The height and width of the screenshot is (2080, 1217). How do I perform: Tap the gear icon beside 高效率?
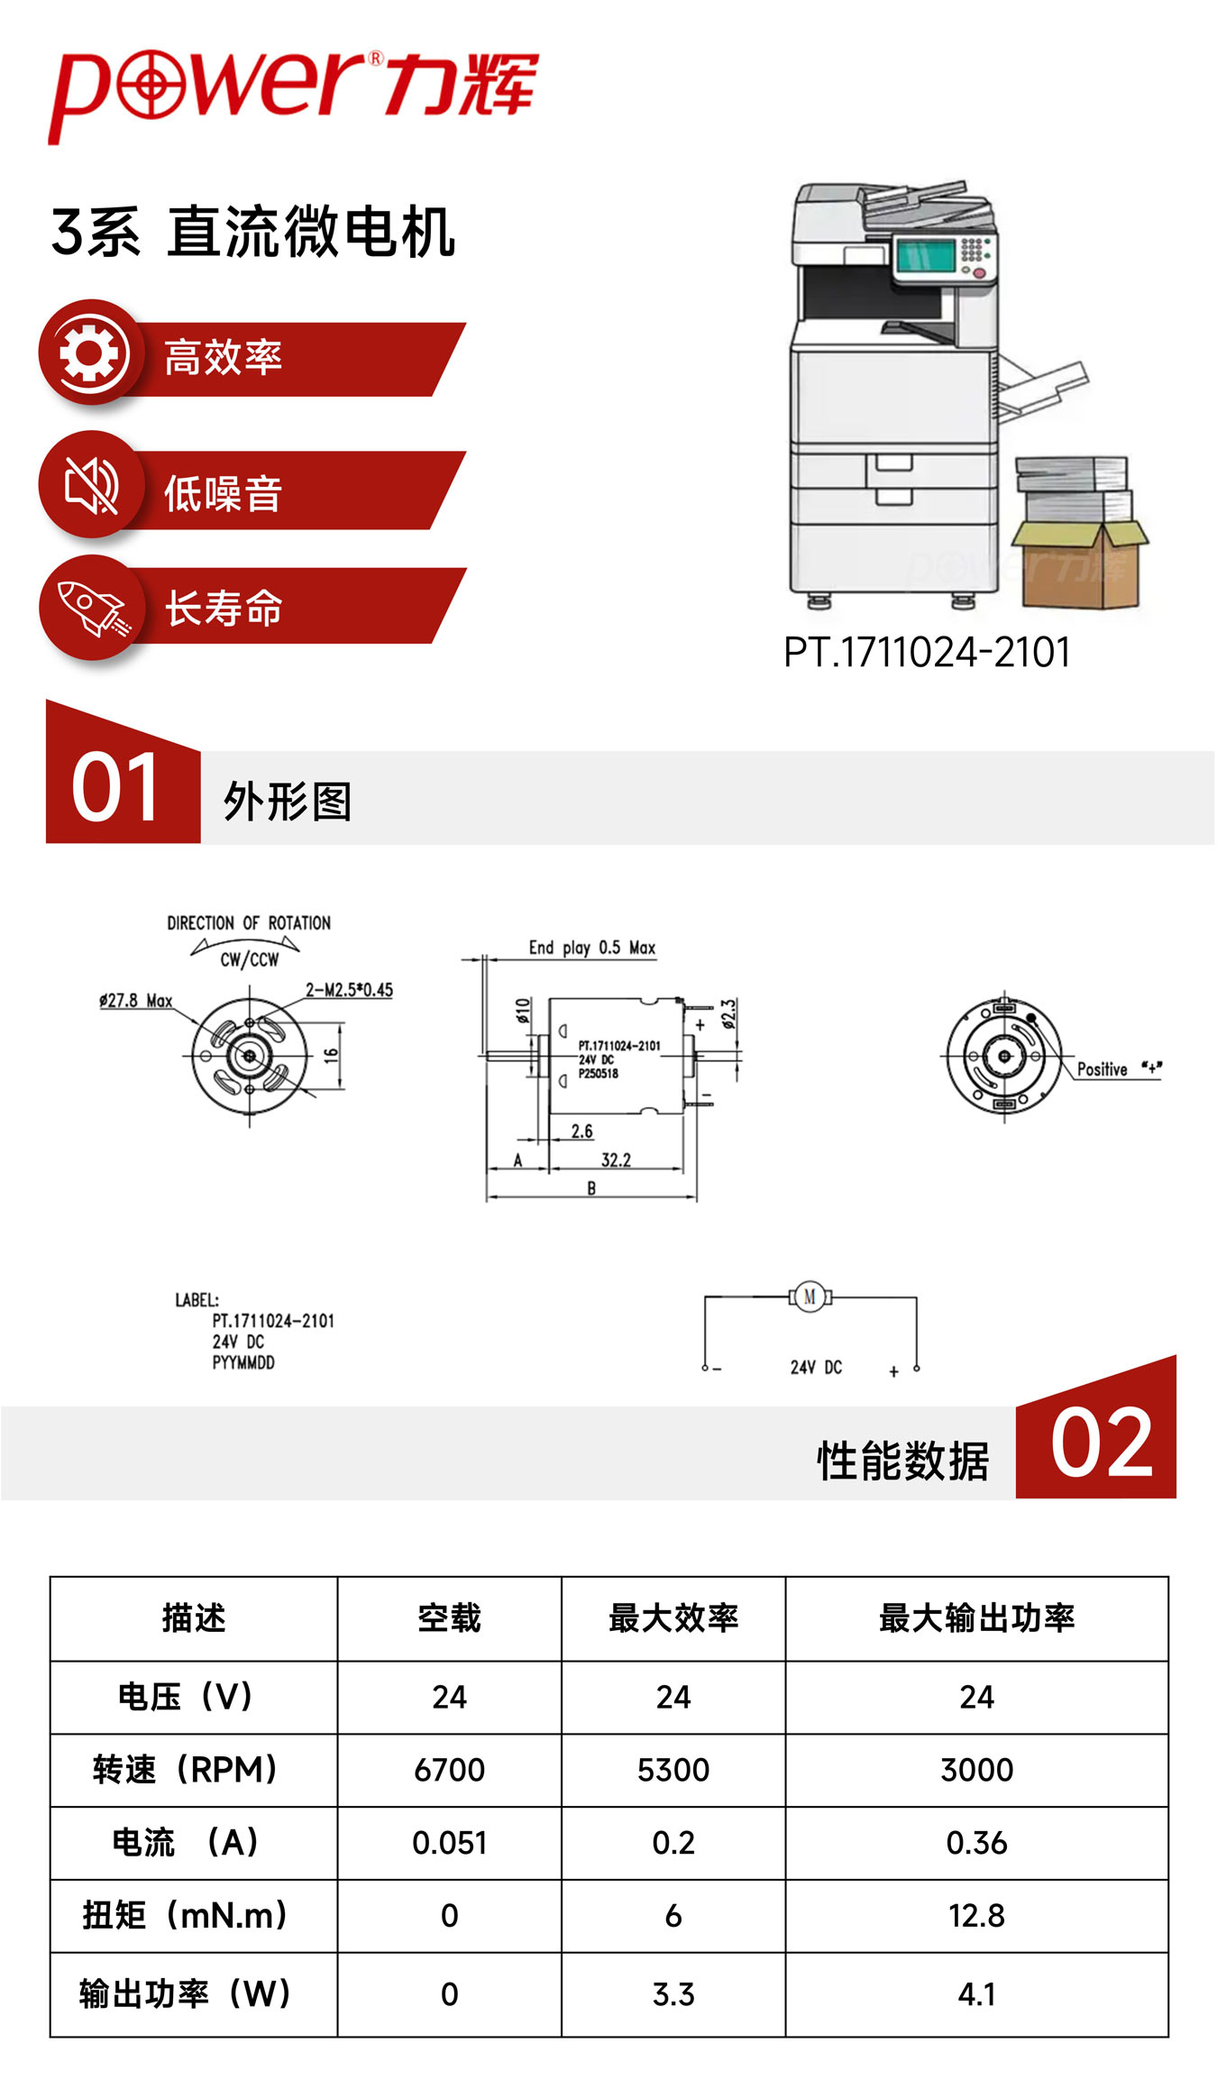click(x=88, y=353)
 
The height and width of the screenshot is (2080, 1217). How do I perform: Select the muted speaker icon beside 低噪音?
click(x=90, y=485)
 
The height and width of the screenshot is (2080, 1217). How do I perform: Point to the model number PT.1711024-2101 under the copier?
click(x=927, y=652)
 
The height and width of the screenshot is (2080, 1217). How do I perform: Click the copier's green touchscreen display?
click(x=924, y=257)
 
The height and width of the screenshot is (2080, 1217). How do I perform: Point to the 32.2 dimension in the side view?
click(x=616, y=1159)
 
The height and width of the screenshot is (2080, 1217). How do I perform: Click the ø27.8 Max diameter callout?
click(x=136, y=1001)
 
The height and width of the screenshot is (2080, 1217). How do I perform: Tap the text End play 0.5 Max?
click(x=591, y=948)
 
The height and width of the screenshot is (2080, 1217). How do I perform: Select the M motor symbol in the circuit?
click(x=810, y=1297)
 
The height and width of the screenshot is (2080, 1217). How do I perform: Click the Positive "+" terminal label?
click(x=1119, y=1069)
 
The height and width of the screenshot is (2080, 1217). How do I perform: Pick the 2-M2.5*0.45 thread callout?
click(x=349, y=990)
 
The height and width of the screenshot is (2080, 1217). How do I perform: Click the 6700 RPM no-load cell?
click(x=449, y=1769)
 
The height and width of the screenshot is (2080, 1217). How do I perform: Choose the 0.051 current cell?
click(x=449, y=1842)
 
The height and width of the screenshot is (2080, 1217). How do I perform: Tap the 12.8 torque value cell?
click(x=976, y=1915)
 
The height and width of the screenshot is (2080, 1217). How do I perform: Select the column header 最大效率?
click(x=673, y=1618)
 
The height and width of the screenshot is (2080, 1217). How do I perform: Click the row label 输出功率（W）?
click(x=185, y=1993)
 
